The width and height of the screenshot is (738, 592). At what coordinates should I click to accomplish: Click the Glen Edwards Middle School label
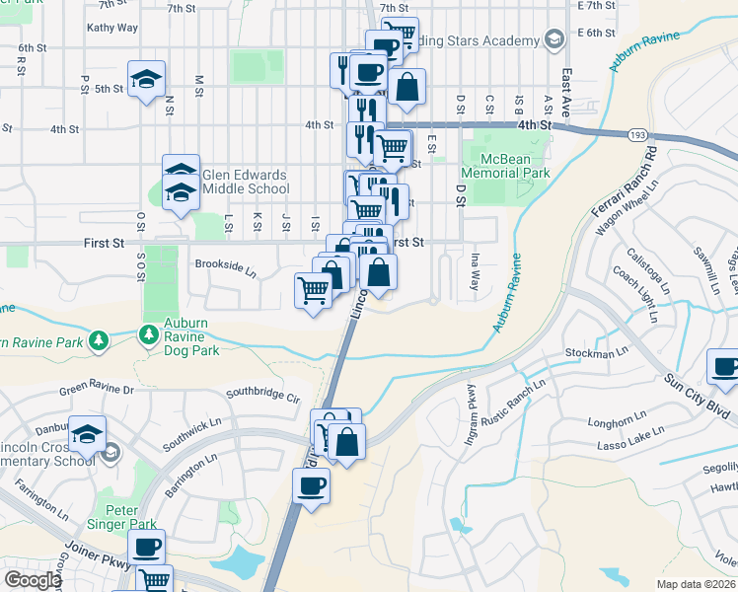[x=245, y=182]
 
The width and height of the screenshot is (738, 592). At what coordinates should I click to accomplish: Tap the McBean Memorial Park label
[x=514, y=165]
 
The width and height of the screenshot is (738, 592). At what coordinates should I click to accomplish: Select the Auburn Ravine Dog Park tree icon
[x=149, y=336]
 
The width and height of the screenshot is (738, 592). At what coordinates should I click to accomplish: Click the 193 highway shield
[x=636, y=133]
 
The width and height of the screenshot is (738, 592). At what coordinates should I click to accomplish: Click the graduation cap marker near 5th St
[x=146, y=80]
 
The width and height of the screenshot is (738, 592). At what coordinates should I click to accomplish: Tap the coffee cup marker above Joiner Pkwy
[x=147, y=547]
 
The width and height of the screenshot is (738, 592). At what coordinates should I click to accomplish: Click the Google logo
[x=32, y=580]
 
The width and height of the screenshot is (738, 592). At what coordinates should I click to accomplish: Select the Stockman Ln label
[x=596, y=352]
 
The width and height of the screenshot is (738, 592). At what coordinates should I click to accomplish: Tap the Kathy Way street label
[x=111, y=28]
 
